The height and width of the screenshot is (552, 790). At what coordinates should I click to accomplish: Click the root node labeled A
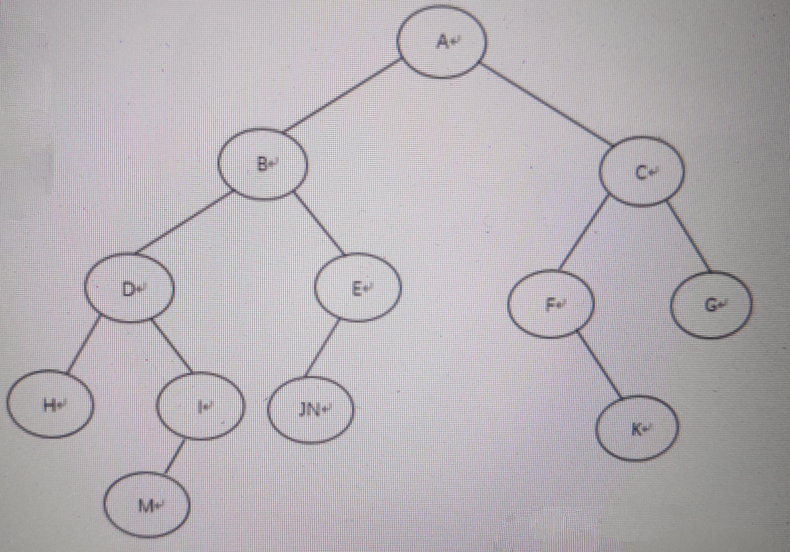[x=442, y=42]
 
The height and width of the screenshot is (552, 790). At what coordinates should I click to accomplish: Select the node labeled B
[x=263, y=164]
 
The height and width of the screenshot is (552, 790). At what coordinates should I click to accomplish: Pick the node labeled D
[x=129, y=288]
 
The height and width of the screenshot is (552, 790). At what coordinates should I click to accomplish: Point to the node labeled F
[x=551, y=304]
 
